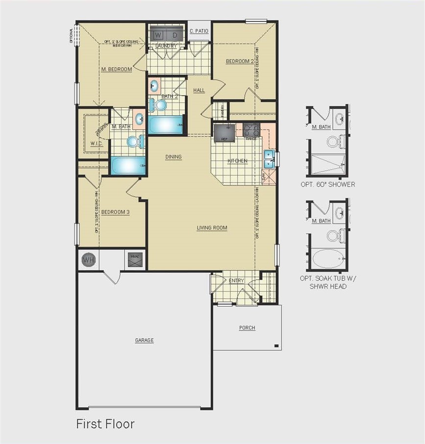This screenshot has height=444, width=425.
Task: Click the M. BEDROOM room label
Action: pos(116,70)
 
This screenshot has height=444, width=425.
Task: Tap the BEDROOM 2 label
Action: pos(239,62)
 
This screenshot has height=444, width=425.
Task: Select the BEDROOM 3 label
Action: pos(115,212)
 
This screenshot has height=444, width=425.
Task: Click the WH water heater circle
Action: pos(88,260)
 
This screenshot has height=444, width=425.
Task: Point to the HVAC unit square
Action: pos(135,259)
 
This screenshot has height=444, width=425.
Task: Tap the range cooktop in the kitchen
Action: pos(251,131)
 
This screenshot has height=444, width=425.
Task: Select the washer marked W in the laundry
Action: pos(158,35)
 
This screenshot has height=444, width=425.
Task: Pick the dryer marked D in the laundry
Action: pos(174,35)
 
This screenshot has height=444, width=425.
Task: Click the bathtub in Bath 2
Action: pos(165,125)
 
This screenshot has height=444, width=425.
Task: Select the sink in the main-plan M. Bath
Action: pos(139,119)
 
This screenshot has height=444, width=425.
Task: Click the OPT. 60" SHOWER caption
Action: pos(328,185)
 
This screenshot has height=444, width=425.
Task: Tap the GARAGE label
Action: pos(144,340)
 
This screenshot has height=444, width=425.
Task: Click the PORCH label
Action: pos(247,328)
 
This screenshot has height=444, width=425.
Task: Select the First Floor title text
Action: pos(105,424)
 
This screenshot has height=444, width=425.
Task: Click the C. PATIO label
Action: pos(199,31)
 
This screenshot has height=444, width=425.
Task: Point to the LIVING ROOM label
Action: pos(212,228)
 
